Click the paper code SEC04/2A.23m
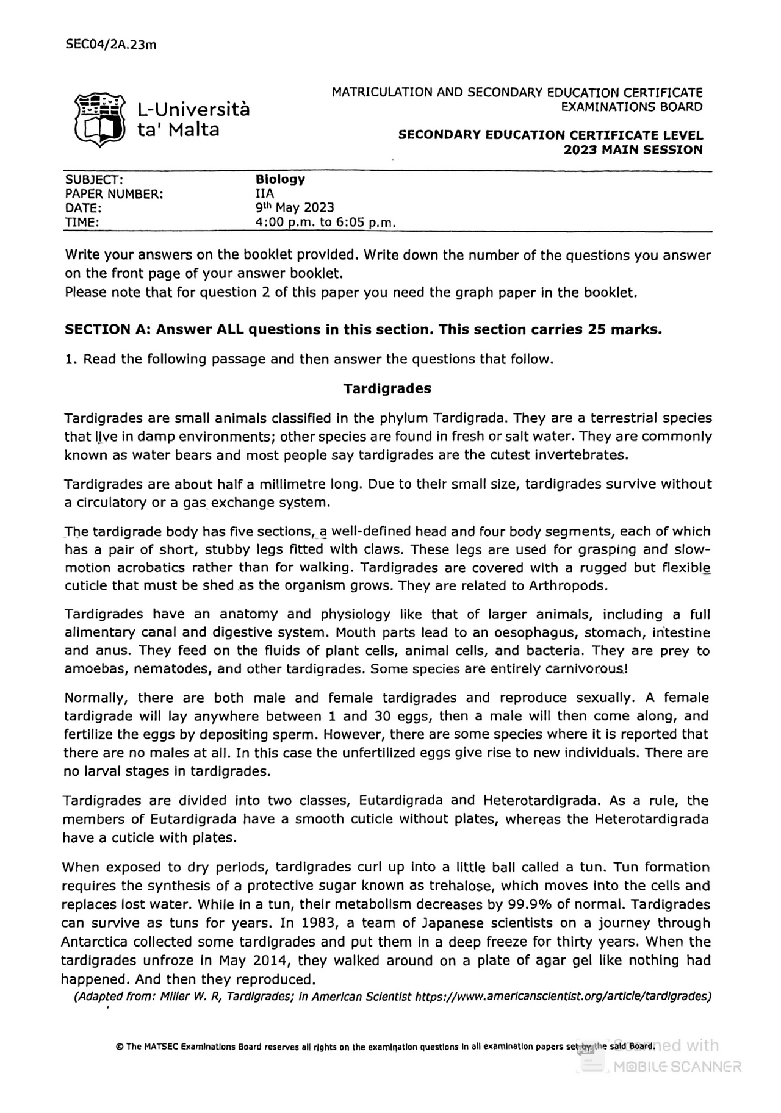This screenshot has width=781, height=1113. tap(110, 44)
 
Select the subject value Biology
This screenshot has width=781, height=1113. tap(280, 179)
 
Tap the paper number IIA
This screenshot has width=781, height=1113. tap(265, 194)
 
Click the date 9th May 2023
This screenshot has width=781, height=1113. tap(295, 208)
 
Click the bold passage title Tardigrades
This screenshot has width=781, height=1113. tap(387, 388)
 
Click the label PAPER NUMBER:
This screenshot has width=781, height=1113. tap(114, 194)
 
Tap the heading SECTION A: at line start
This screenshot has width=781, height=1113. tap(108, 330)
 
